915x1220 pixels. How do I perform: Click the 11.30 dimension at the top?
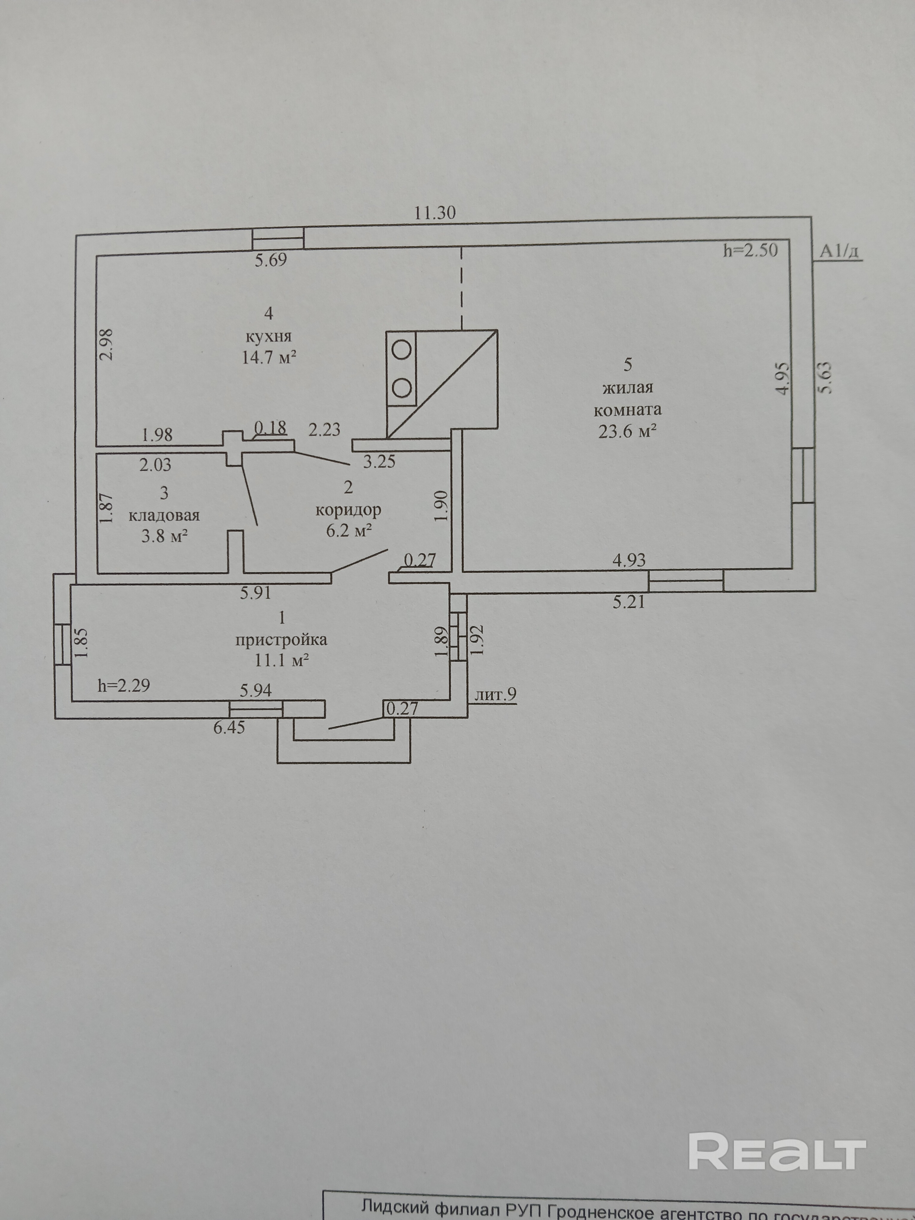(x=435, y=213)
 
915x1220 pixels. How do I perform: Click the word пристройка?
(x=281, y=640)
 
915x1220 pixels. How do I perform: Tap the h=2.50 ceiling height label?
(x=750, y=251)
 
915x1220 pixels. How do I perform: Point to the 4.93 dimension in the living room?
(x=629, y=560)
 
